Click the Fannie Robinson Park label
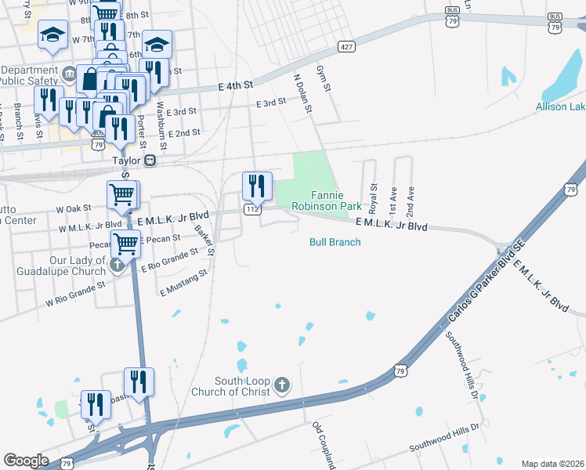pos(326,200)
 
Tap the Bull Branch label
pos(335,242)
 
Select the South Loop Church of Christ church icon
pos(282,385)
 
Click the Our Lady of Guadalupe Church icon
pos(117,264)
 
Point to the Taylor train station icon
pos(151,161)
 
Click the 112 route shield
pos(251,209)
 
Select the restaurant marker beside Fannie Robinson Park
pos(257,186)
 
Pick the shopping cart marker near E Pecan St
pos(125,244)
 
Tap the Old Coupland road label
pos(324,445)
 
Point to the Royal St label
pos(374,199)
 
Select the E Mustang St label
pos(184,283)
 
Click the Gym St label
pos(324,81)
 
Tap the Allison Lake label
pos(560,107)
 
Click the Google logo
pos(26,461)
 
